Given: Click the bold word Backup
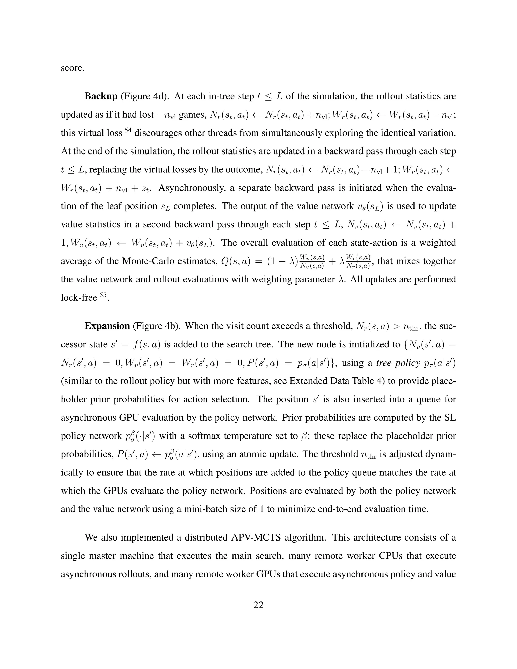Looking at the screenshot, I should click(x=101, y=96).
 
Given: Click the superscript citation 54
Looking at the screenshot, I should click(x=128, y=130).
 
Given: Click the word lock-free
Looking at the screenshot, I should click(x=79, y=298).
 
